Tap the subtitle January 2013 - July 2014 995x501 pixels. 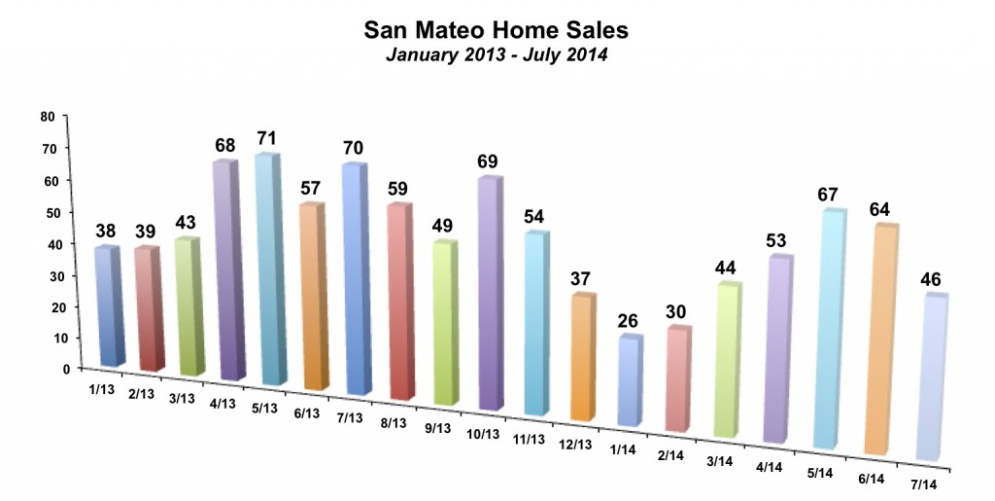(497, 54)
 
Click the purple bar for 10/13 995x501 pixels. (489, 294)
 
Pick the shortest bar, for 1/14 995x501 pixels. (630, 381)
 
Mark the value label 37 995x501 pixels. (579, 278)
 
